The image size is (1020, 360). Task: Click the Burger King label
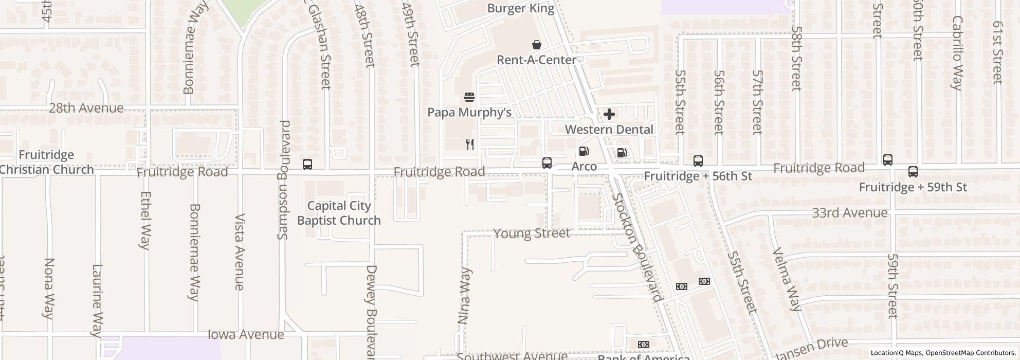[521, 8]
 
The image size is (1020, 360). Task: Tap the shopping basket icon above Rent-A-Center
[537, 45]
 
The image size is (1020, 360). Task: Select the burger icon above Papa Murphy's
[469, 97]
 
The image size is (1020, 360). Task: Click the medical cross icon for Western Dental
[609, 114]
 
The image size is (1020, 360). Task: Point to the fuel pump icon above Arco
[584, 151]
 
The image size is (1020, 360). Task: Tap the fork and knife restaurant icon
[469, 145]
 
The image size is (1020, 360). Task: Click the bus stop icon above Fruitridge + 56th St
[698, 161]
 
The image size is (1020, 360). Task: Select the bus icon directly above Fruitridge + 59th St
[913, 172]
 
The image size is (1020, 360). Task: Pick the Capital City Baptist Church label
[339, 213]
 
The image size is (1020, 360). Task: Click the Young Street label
[532, 233]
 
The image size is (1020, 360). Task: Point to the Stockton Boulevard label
[636, 247]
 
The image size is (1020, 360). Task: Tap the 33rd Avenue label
[849, 213]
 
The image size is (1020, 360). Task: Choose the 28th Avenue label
[86, 108]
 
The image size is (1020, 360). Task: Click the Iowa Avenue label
[245, 335]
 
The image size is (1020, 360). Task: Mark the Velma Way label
[787, 280]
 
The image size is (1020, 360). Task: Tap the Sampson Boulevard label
[284, 180]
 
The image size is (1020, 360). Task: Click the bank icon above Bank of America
[643, 345]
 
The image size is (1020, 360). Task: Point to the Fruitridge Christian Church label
[46, 162]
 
